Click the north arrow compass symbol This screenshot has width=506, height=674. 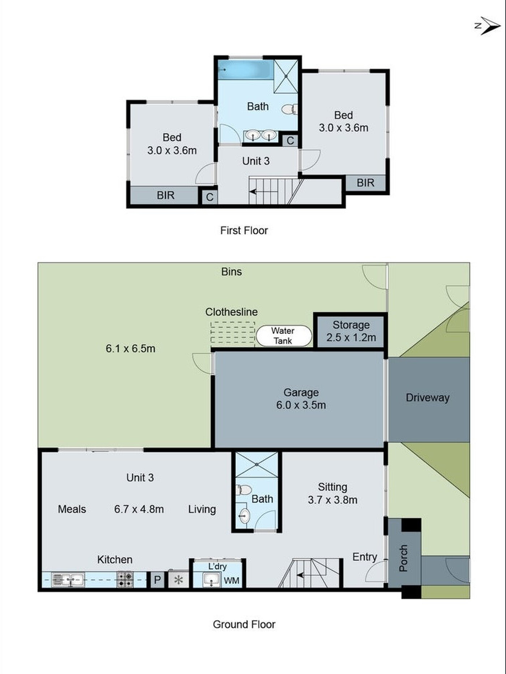pos(488,26)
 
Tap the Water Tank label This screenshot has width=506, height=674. pos(283,336)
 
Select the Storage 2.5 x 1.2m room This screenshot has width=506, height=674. pos(351,331)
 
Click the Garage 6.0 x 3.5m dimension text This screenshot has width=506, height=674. pos(301,405)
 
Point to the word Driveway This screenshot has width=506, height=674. pos(428,398)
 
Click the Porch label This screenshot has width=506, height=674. pos(404,558)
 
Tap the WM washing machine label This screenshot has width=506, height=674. pos(231,580)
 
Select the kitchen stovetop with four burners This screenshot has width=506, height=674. pos(125,579)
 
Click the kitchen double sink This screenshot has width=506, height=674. pos(68,580)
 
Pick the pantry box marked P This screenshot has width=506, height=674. pos(157,580)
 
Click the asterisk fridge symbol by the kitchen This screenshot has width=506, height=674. pos(179,580)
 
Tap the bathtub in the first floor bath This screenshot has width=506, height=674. pos(246,70)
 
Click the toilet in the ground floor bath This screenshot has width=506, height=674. pos(244,490)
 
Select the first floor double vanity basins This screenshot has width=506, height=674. pos(261,135)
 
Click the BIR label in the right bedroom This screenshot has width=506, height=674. pos(365,183)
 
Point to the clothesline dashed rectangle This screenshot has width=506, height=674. pos(233,332)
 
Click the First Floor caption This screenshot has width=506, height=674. pos(244,230)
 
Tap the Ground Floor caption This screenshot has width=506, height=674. pos(244,625)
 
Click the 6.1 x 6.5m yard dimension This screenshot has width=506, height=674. pos(130,349)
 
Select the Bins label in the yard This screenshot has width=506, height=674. pos(231,272)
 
